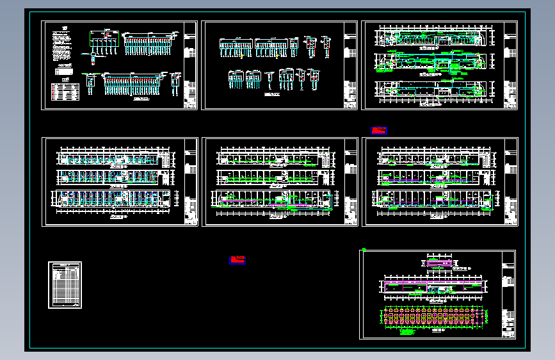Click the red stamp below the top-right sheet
[x=380, y=131]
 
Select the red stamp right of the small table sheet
[x=237, y=259]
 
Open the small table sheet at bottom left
[x=65, y=285]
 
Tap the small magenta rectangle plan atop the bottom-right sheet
[x=438, y=262]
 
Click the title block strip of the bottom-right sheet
[x=508, y=294]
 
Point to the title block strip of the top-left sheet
[x=190, y=65]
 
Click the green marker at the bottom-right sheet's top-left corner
[x=364, y=249]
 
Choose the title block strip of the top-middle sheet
[x=350, y=65]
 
